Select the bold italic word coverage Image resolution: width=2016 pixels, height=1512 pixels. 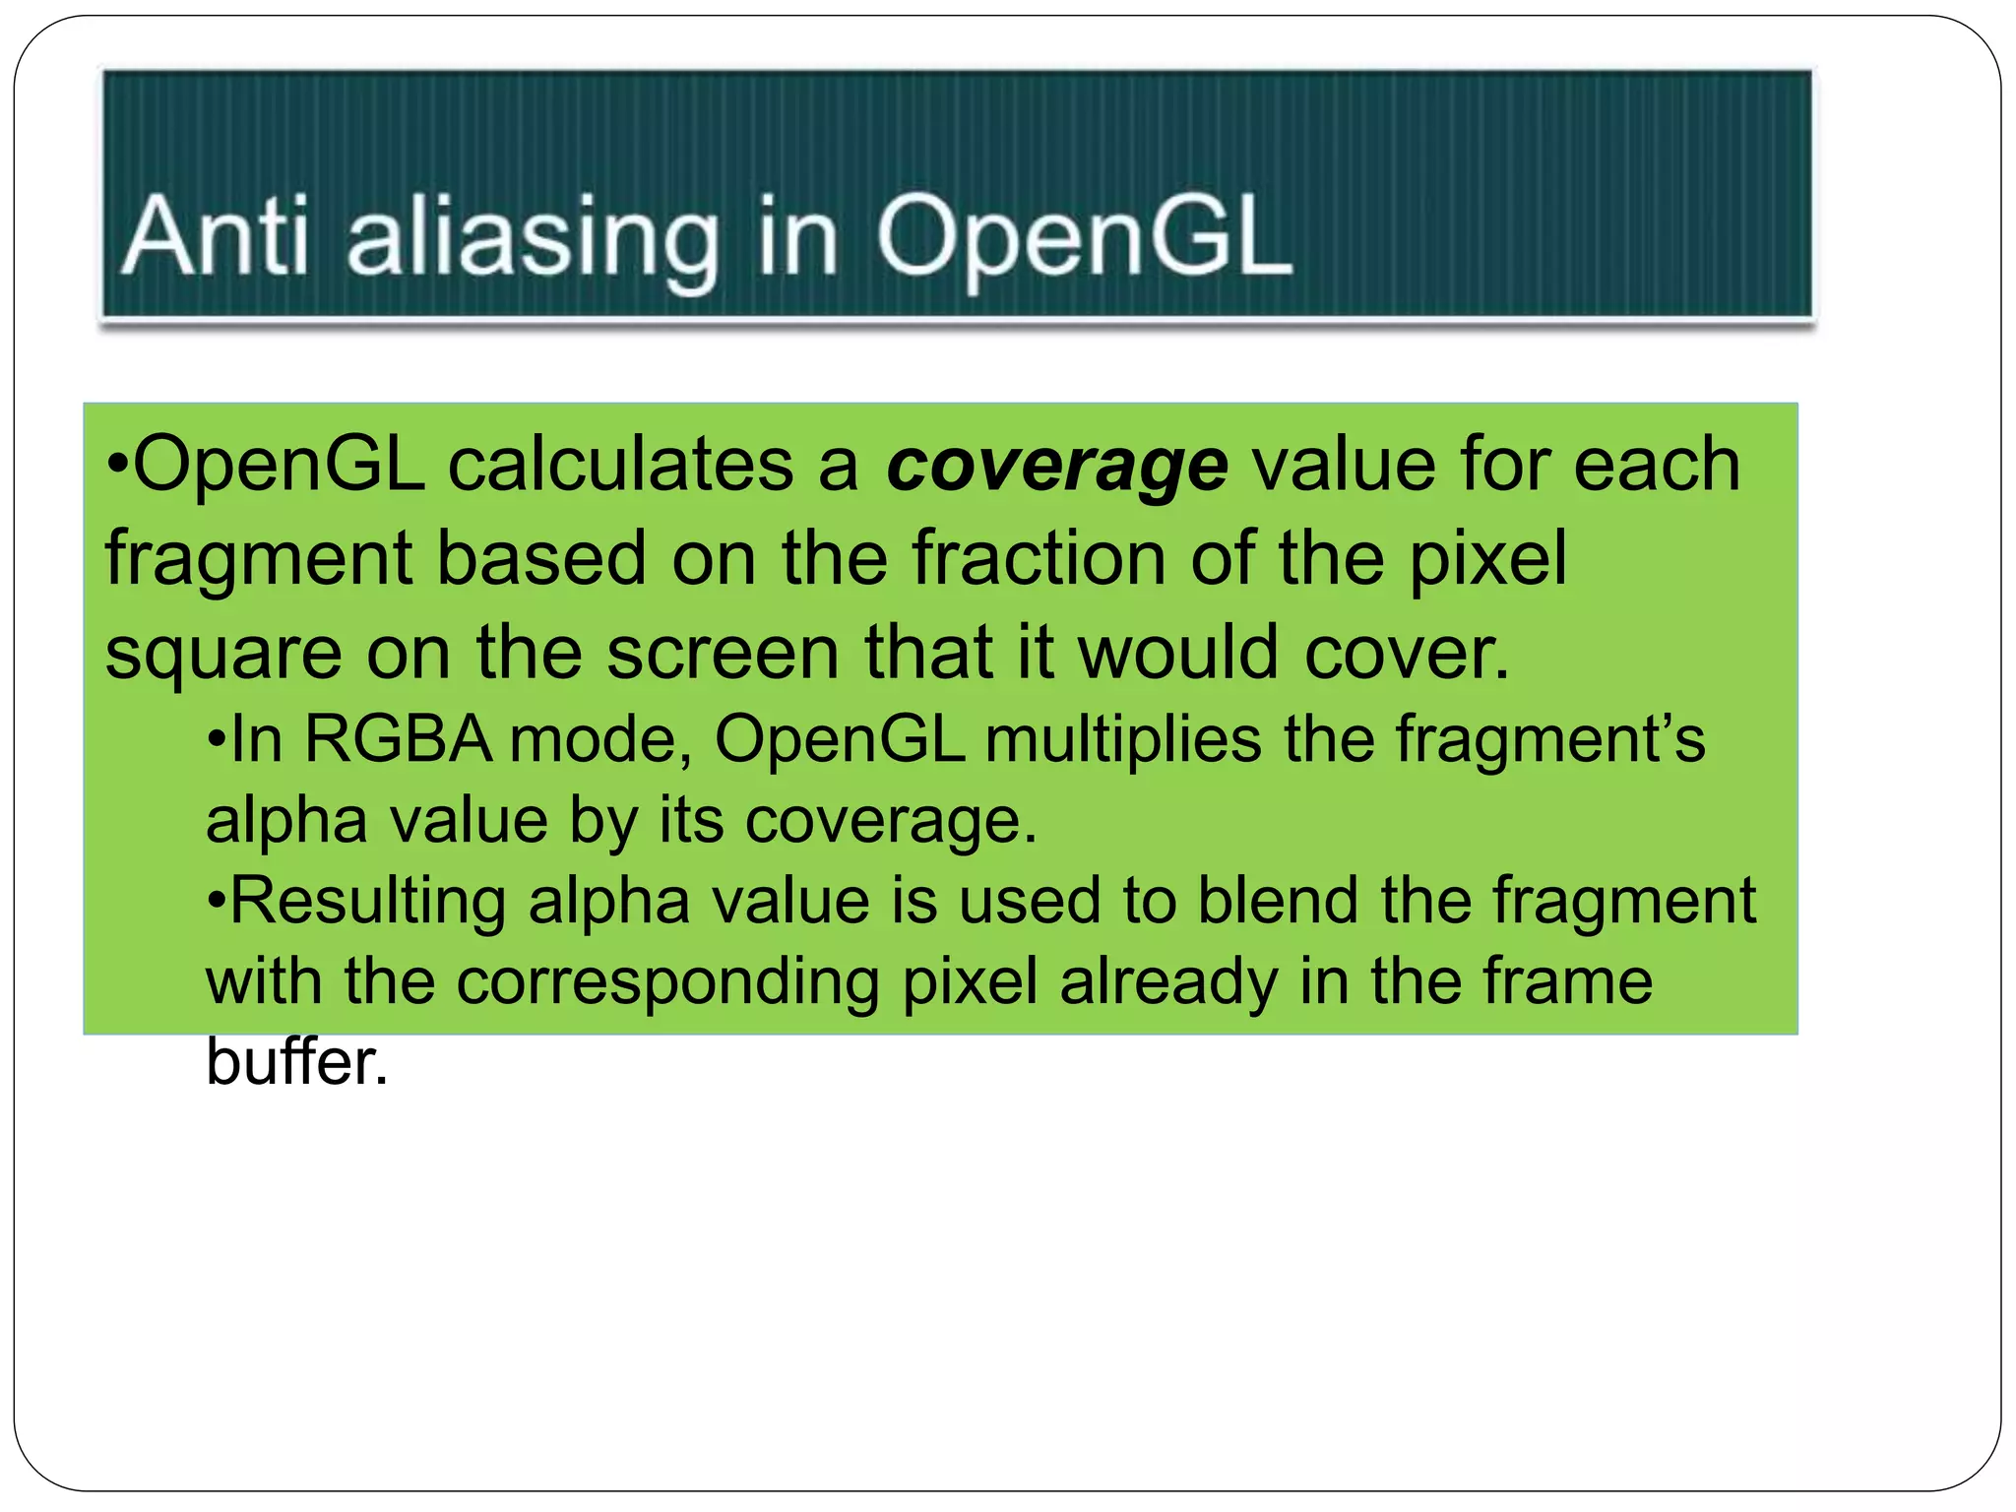pyautogui.click(x=1056, y=467)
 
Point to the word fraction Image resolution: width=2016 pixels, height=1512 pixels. pyautogui.click(x=1039, y=558)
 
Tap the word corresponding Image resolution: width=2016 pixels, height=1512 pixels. pyautogui.click(x=667, y=982)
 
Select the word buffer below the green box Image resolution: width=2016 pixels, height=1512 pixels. pyautogui.click(x=296, y=1062)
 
